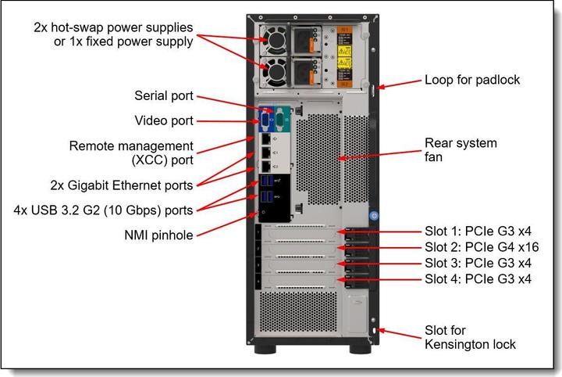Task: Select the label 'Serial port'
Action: [163, 97]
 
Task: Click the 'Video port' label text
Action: [164, 121]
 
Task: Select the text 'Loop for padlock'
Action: [471, 80]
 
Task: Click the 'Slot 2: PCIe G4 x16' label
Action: [482, 247]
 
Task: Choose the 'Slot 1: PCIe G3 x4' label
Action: [478, 232]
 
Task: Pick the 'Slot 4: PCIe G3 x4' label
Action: [478, 278]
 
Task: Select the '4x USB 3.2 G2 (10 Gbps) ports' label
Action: [104, 210]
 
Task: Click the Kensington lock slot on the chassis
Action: [376, 331]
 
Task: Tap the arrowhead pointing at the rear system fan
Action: [340, 157]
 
